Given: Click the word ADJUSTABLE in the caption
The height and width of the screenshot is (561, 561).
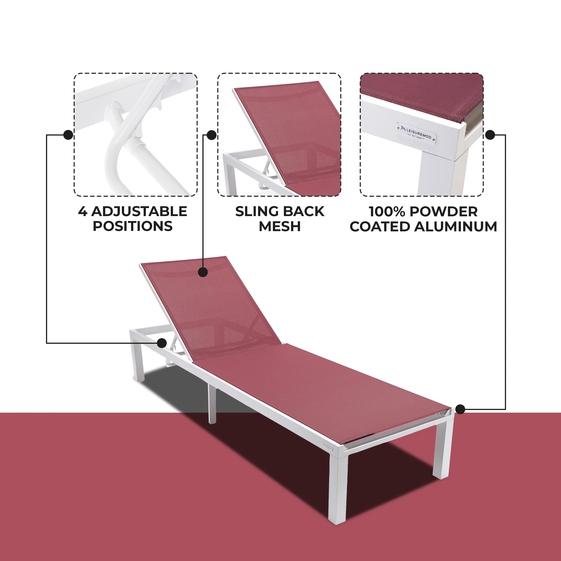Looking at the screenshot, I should [139, 211].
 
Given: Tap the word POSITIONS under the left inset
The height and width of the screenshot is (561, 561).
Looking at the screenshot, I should [133, 226].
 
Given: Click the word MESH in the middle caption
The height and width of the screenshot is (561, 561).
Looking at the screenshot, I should [280, 226].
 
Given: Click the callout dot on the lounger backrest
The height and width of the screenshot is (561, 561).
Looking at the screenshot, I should [203, 272].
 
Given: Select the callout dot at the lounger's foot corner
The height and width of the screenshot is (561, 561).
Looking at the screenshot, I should [460, 410].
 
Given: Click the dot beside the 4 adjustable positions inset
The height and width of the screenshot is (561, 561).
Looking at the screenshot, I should [68, 135].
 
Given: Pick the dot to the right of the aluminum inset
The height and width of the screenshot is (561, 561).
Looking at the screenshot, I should [490, 135].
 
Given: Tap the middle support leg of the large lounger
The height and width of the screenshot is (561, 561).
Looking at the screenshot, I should [212, 405].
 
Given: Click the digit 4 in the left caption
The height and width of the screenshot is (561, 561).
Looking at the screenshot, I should [82, 211].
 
